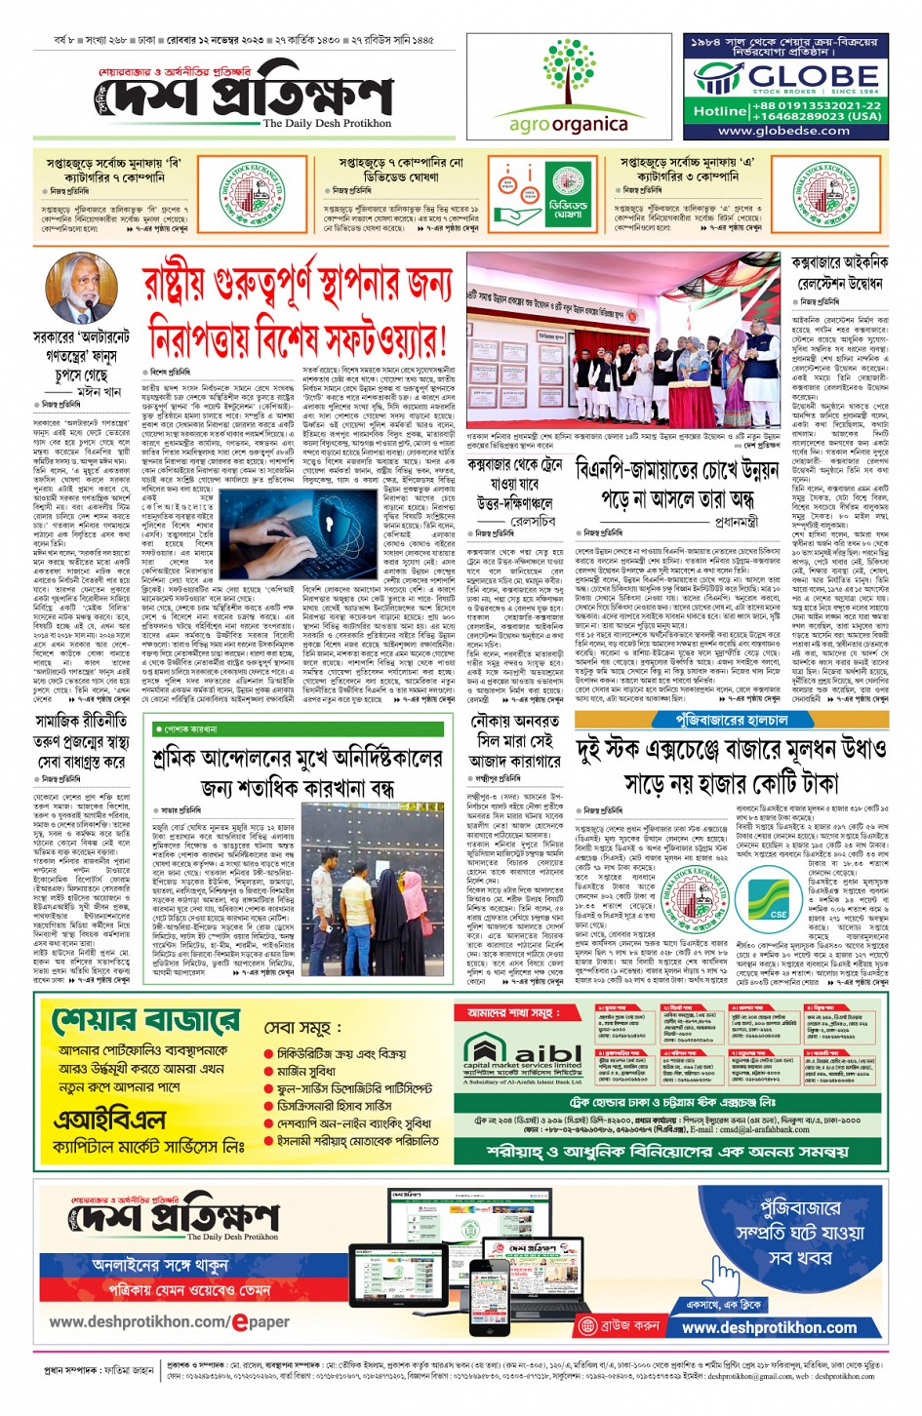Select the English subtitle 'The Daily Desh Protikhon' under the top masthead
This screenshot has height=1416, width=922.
tap(327, 124)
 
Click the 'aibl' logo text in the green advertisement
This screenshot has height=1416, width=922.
tap(547, 1051)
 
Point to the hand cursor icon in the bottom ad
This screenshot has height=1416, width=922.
tap(722, 1277)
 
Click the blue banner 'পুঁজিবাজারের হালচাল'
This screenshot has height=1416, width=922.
tap(731, 720)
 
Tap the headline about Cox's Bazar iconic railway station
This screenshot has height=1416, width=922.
tap(839, 274)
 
